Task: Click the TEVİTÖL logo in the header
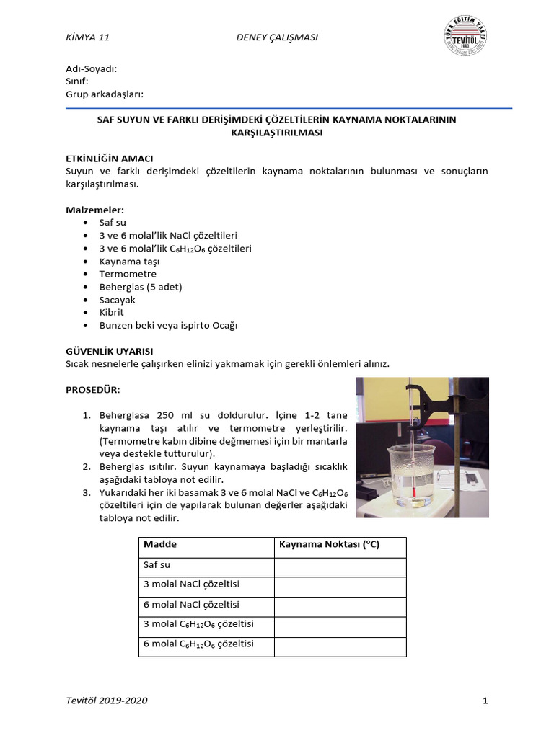click(465, 37)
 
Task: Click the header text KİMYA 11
click(87, 37)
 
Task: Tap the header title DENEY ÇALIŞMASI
click(277, 37)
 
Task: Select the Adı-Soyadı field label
click(91, 68)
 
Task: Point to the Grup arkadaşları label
click(105, 94)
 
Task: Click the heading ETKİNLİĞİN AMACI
click(110, 158)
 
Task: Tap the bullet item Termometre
click(128, 274)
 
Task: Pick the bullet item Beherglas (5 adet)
click(141, 287)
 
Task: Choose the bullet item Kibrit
click(112, 312)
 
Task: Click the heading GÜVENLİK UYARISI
click(109, 351)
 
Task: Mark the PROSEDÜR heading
click(93, 390)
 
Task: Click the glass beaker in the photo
click(412, 476)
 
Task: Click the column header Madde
click(160, 545)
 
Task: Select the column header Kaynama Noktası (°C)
click(329, 545)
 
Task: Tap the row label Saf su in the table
click(157, 566)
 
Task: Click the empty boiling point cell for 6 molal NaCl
click(340, 605)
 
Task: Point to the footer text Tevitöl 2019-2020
click(107, 701)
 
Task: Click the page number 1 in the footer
click(485, 701)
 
